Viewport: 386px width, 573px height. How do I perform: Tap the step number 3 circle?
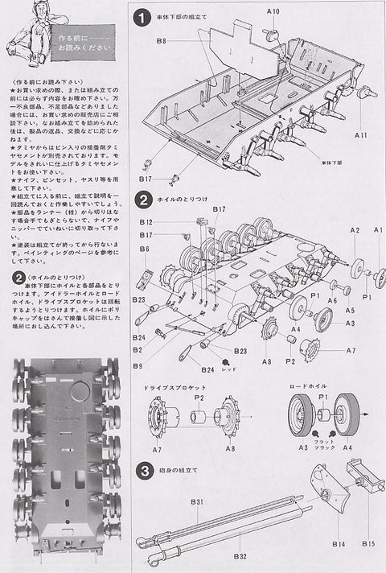coord(142,470)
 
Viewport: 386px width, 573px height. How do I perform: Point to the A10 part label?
coord(273,12)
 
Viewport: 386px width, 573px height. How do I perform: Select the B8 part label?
coord(160,40)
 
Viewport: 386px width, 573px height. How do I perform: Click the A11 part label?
coord(359,135)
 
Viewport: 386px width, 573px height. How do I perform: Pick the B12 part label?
coord(146,221)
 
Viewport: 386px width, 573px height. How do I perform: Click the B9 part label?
coord(139,366)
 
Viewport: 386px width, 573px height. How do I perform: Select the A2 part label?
coord(355,231)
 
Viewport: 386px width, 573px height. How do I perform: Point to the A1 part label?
coord(377,231)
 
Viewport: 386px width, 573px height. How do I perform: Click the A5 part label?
coord(351,310)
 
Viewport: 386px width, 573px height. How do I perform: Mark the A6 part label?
coord(331,299)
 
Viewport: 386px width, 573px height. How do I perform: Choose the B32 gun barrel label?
coord(239,555)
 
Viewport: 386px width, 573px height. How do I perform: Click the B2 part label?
coord(138,350)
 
